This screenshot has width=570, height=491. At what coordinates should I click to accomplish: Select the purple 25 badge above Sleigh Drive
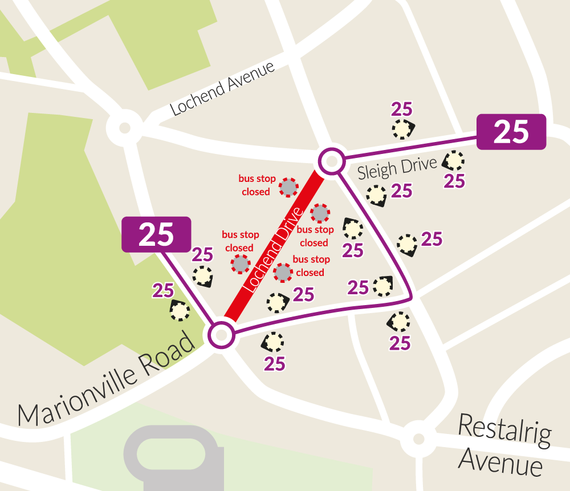coord(511,132)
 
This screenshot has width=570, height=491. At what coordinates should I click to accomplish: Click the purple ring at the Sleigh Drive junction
coord(331,162)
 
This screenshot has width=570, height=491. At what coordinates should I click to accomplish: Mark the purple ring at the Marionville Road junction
coord(221,335)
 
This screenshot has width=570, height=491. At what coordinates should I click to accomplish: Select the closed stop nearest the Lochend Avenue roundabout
coord(288,186)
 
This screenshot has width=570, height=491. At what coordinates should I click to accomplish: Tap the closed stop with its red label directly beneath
coord(320,213)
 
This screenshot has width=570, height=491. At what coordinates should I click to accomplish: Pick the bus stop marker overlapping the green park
coord(180,311)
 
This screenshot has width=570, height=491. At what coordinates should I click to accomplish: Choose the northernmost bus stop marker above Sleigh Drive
coord(402,130)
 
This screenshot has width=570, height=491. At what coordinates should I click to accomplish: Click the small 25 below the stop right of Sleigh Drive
coord(455,181)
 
